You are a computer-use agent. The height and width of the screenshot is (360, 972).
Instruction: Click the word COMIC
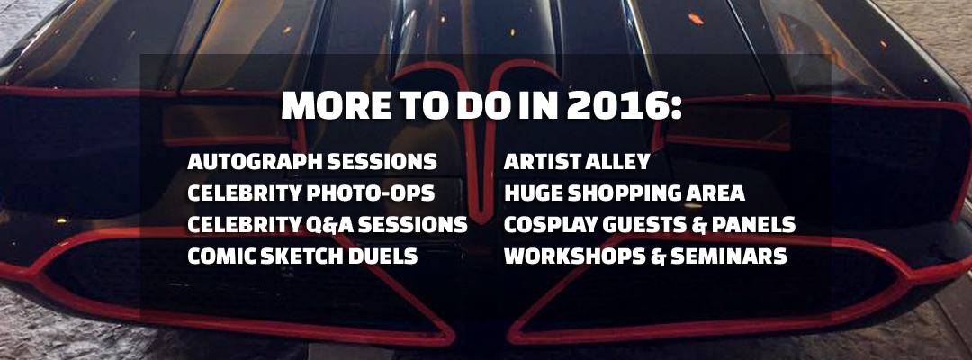tap(218, 256)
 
